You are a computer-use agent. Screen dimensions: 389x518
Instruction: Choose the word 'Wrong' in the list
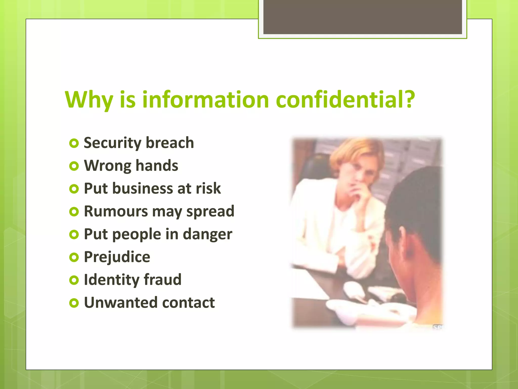click(x=107, y=166)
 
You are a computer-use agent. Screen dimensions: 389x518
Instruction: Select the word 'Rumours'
click(x=116, y=211)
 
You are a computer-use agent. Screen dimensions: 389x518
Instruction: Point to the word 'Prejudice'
click(x=117, y=257)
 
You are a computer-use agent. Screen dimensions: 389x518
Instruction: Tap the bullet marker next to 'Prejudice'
click(x=74, y=258)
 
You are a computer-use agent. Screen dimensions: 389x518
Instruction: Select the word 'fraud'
click(x=163, y=280)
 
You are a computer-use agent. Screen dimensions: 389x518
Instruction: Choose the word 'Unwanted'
click(x=121, y=303)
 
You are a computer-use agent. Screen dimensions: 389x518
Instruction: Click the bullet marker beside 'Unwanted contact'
click(x=74, y=303)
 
